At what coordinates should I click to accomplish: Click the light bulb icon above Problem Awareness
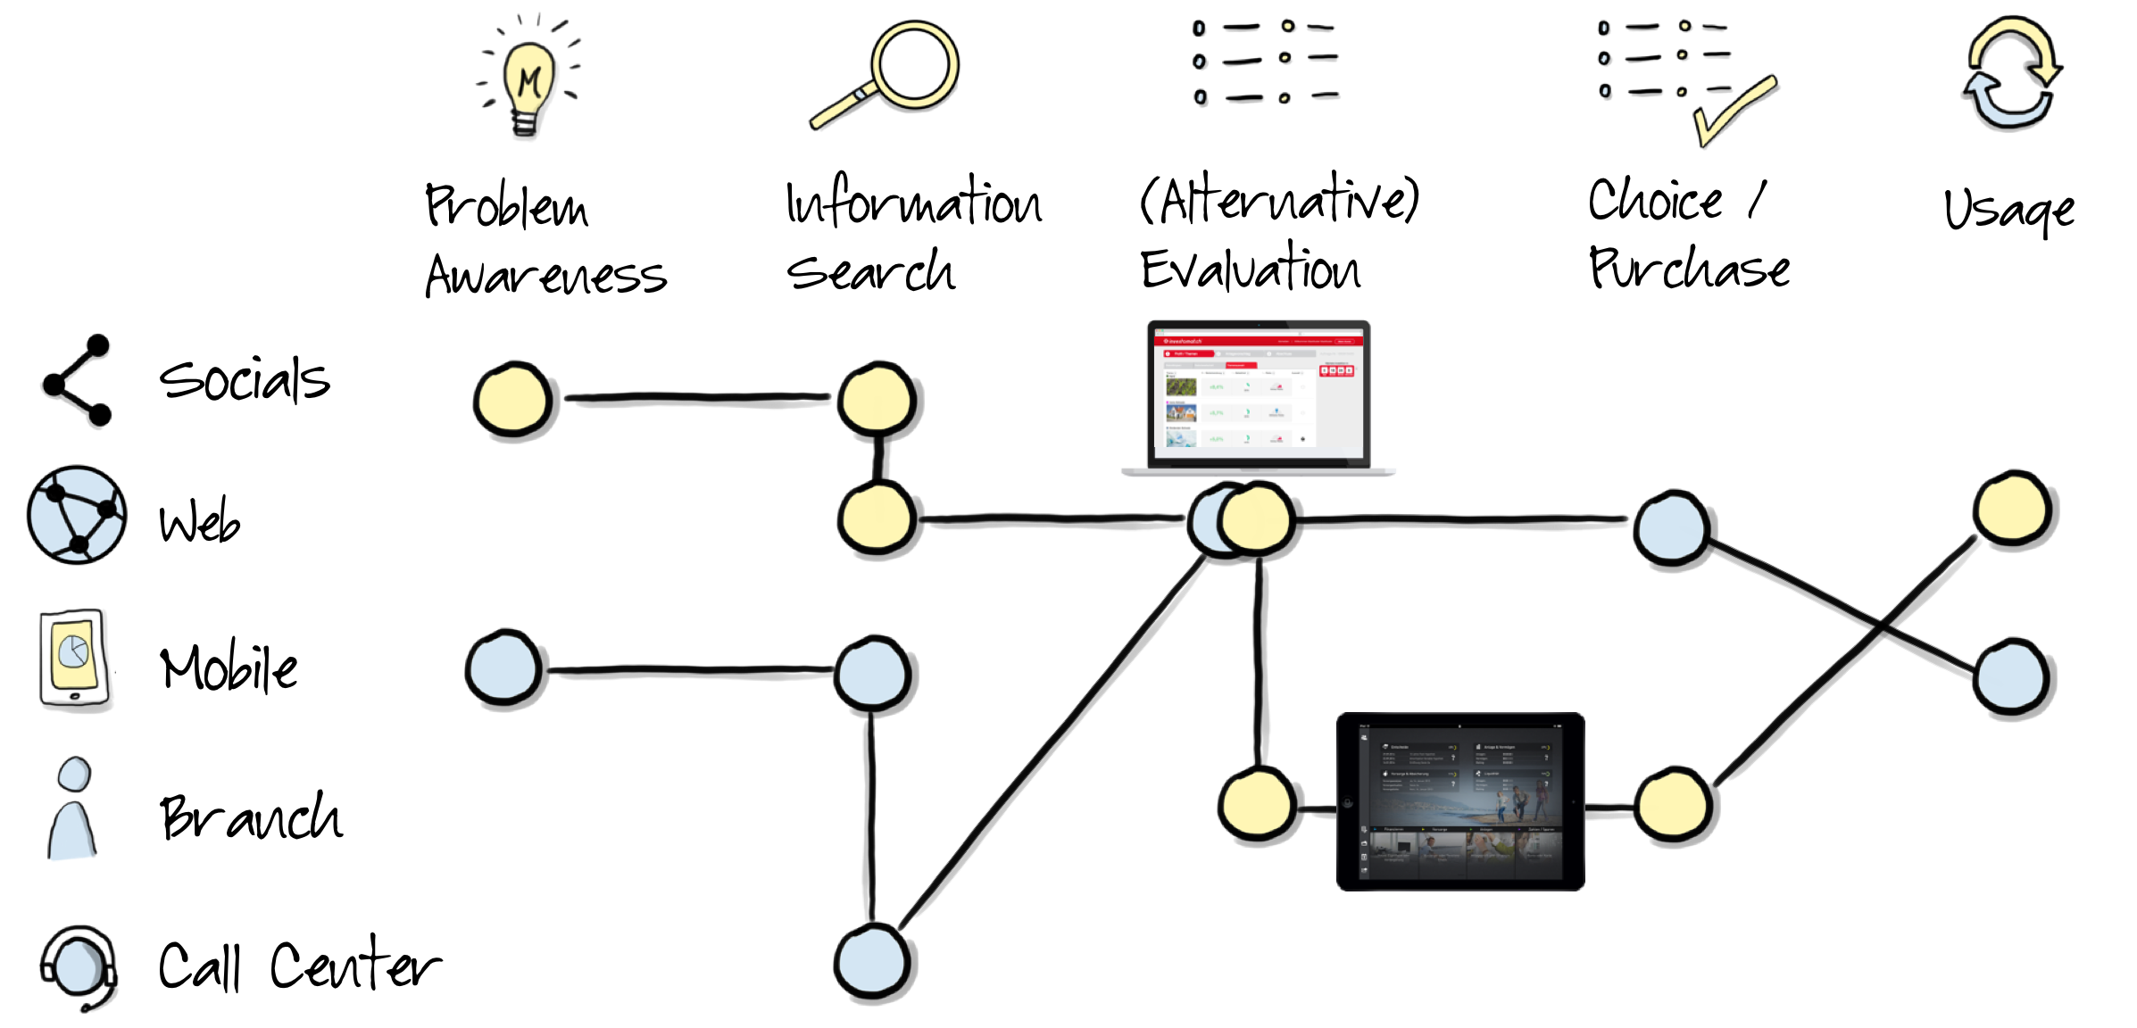[528, 85]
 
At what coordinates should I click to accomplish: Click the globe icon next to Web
[77, 515]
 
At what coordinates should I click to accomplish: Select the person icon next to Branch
[73, 808]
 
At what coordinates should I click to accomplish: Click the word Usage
[2008, 211]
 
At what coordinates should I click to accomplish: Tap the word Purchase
[1689, 269]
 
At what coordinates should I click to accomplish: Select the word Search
[870, 271]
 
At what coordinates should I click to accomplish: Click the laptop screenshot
[1258, 396]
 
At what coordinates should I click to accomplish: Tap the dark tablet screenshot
[1460, 800]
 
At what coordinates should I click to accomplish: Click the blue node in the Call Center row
[872, 962]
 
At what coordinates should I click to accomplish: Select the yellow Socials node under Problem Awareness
[512, 400]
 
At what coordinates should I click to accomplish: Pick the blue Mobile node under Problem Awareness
[504, 668]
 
